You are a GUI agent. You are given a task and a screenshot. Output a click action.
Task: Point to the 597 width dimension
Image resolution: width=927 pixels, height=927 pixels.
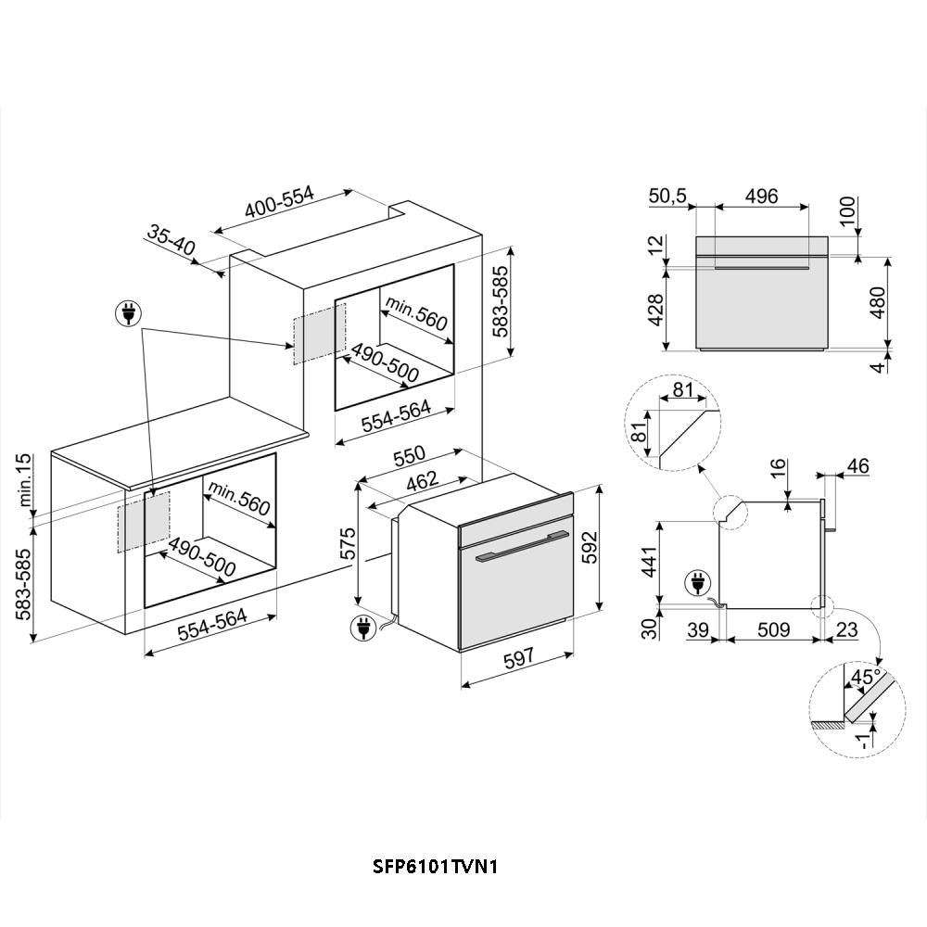pyautogui.click(x=519, y=659)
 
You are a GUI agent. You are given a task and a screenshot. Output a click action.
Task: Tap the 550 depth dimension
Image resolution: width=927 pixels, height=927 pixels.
pyautogui.click(x=407, y=457)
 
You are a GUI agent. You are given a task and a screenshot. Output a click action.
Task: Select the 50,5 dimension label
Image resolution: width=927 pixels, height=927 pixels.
pyautogui.click(x=667, y=196)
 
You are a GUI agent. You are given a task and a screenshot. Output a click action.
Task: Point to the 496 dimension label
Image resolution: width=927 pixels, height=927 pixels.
pyautogui.click(x=761, y=196)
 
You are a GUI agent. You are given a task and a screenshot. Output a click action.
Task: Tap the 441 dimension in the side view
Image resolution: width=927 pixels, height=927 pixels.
pyautogui.click(x=649, y=562)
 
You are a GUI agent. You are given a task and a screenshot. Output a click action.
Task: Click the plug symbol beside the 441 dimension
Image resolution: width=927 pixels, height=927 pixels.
pyautogui.click(x=694, y=584)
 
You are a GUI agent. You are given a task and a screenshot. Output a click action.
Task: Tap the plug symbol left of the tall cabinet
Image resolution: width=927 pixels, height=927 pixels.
pyautogui.click(x=129, y=314)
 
